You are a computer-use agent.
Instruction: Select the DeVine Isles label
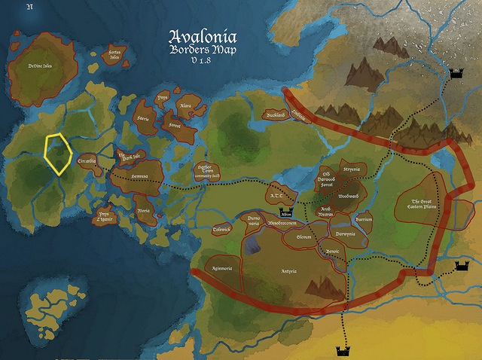point(40,66)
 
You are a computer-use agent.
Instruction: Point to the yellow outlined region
point(58,154)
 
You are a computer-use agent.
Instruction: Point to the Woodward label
point(348,195)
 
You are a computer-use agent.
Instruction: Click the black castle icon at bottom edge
point(343,351)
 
